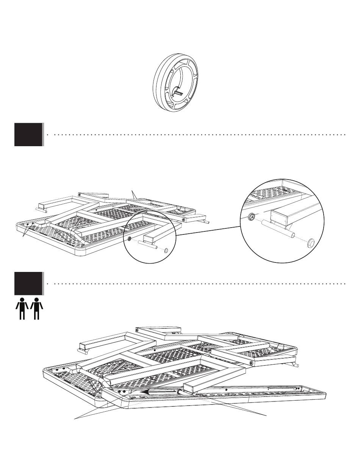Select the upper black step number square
coord(28,134)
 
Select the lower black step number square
coord(28,283)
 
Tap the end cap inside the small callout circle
coord(166,250)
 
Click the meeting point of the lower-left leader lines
coord(75,418)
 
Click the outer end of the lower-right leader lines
coord(266,416)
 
